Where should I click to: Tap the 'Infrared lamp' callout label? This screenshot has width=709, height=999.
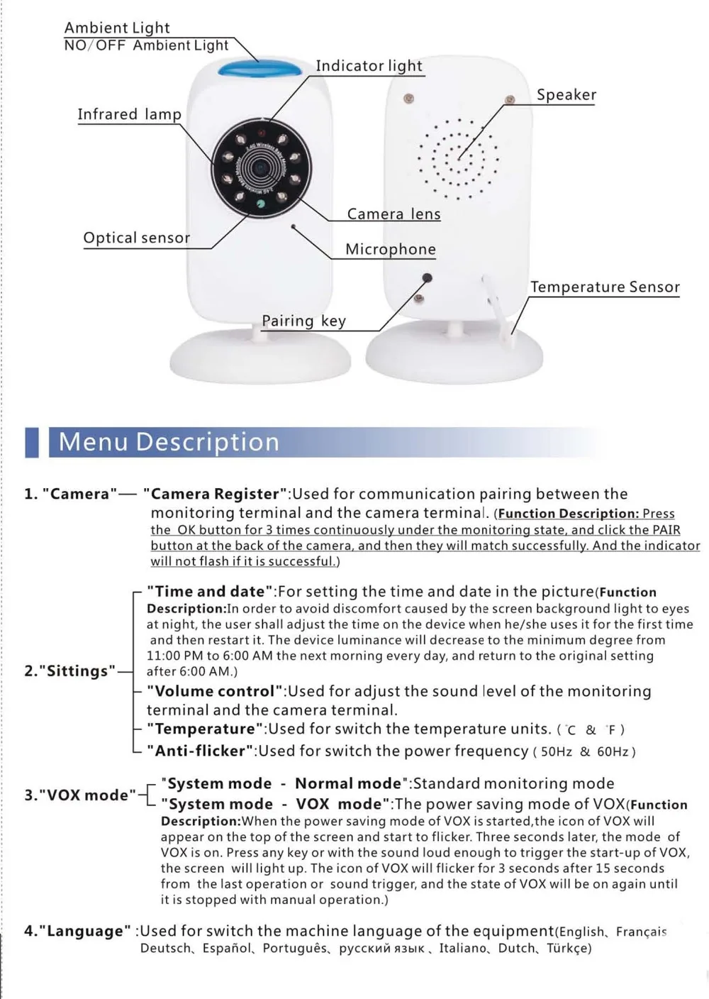pos(129,114)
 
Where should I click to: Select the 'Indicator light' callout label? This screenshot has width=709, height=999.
pos(369,66)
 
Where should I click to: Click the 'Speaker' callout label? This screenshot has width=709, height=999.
pos(566,95)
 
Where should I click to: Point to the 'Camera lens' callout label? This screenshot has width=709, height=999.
pos(393,214)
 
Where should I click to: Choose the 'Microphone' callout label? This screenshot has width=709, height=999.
pos(390,249)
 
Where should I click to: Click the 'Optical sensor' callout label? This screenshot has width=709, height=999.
pos(136,238)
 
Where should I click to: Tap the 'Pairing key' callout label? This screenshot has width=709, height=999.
pos(303,321)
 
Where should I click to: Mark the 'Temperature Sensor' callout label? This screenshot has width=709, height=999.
pos(605,287)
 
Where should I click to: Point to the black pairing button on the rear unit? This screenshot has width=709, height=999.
pos(428,277)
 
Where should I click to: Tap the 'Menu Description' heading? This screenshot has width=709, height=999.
pos(169,442)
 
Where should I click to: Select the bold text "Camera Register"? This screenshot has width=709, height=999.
pos(215,494)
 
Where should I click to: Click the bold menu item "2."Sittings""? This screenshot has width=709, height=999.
pos(69,670)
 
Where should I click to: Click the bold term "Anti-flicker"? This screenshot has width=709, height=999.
pos(200,751)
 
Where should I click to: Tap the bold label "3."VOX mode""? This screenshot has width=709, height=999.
pos(79,795)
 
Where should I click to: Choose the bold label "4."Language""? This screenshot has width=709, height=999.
pos(77,931)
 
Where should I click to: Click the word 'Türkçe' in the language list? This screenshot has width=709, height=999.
pos(569,949)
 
